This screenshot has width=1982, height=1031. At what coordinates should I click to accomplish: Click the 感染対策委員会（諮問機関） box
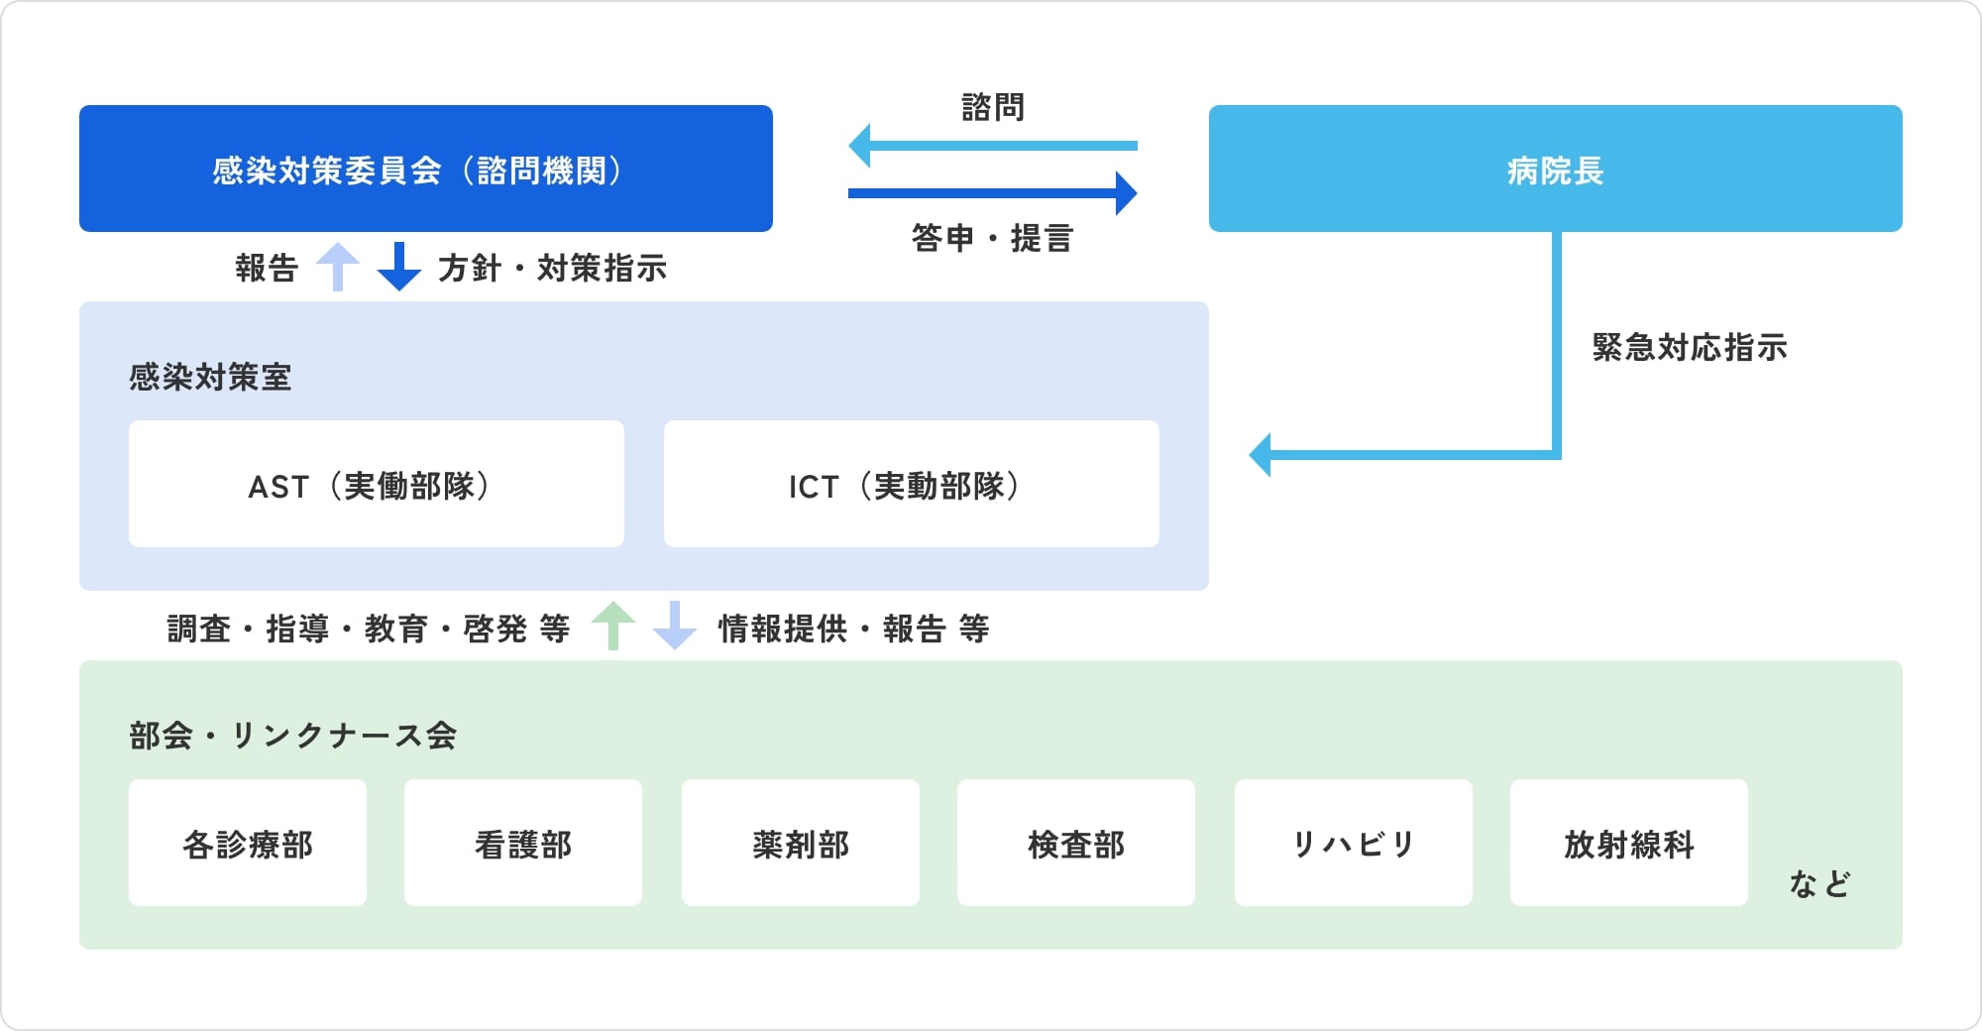click(426, 169)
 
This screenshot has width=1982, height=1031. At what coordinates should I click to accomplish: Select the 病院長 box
click(1555, 169)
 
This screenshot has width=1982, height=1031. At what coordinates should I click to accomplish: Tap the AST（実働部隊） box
click(377, 484)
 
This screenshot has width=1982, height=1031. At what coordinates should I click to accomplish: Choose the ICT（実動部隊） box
click(911, 484)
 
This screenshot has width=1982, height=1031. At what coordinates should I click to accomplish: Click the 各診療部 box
click(248, 843)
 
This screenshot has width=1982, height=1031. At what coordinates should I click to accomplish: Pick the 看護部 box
click(523, 843)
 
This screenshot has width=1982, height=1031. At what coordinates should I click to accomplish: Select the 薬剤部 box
click(801, 843)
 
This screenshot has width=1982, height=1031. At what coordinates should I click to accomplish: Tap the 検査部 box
click(1076, 843)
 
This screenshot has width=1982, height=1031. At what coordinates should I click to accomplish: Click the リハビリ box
click(1354, 843)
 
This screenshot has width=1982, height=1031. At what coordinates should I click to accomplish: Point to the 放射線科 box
click(1629, 843)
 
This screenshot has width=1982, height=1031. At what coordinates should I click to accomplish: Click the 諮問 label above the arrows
click(993, 107)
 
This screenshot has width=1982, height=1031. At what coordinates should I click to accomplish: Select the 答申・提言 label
click(993, 238)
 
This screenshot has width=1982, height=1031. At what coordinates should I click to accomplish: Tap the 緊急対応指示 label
click(1690, 347)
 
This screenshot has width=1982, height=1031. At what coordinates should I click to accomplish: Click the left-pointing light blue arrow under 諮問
click(993, 146)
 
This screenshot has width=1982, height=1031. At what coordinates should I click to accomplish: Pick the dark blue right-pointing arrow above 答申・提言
click(993, 193)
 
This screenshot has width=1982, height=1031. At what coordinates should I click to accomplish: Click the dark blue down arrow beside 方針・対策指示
click(399, 267)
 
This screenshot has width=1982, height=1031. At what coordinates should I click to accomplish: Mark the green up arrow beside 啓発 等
click(613, 626)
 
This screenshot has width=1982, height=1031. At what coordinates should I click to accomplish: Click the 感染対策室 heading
click(210, 377)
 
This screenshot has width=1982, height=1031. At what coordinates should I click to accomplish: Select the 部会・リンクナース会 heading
click(292, 736)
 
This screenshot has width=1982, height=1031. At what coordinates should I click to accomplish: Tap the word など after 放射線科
click(1819, 883)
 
